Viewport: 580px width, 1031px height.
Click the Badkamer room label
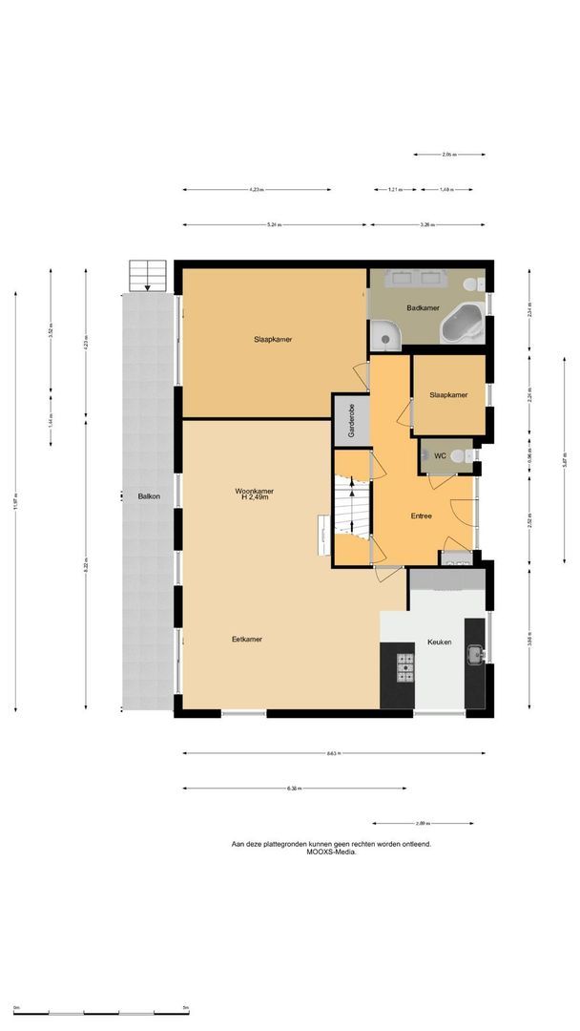coord(422,308)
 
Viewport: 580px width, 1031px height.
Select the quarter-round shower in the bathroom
coord(385,334)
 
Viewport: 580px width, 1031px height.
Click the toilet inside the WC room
coord(459,456)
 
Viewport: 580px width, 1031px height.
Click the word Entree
coord(421,515)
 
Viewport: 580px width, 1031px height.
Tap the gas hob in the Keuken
coord(404,664)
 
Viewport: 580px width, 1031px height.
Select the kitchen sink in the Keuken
coord(474,655)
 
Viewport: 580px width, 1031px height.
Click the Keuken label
coord(440,642)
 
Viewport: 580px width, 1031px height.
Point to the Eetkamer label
coord(247,639)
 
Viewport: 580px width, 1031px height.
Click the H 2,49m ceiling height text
coord(254,498)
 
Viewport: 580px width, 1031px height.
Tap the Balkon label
coord(148,496)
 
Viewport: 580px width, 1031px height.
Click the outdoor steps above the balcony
coord(148,276)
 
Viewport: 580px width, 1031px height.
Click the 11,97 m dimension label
coord(15,506)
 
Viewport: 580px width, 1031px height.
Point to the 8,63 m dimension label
coord(332,753)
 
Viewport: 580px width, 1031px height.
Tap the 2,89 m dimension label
coord(422,823)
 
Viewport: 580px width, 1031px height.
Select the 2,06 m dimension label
coord(448,155)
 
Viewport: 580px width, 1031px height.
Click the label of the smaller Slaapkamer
coord(448,395)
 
